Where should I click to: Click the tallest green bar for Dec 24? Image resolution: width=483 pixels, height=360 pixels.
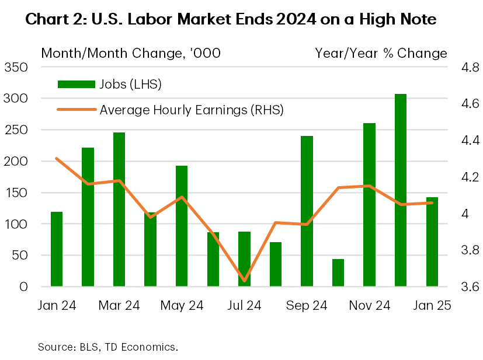point(401,190)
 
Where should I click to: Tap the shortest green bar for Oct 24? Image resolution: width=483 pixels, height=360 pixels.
point(338,272)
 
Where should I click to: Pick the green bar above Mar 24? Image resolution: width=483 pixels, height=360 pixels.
point(119,209)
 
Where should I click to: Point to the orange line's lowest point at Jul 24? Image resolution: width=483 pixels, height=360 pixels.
point(244,281)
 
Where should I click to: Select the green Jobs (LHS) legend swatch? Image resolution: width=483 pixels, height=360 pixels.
point(76,85)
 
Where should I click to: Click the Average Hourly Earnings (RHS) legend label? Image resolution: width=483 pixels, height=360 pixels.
point(192,109)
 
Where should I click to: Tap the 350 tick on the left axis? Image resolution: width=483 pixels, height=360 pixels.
point(16,68)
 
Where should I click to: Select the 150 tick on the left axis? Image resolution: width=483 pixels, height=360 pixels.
point(16,193)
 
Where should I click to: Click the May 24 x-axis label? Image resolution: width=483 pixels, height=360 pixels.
point(181,305)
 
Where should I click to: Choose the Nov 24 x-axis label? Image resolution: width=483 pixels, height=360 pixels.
point(369,305)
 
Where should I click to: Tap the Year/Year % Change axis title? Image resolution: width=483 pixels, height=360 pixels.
point(381,53)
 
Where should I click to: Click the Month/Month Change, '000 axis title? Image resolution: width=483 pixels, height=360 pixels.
point(131,53)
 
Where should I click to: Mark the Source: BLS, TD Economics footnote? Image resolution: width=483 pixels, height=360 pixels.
point(107,347)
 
